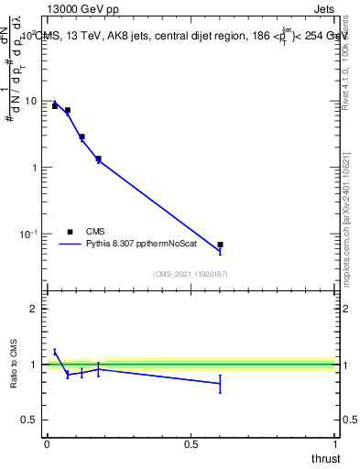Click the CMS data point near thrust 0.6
220,245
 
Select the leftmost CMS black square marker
55,106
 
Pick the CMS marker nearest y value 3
82,136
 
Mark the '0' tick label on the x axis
46,444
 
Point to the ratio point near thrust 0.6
220,384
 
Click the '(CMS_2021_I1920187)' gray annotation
190,273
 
